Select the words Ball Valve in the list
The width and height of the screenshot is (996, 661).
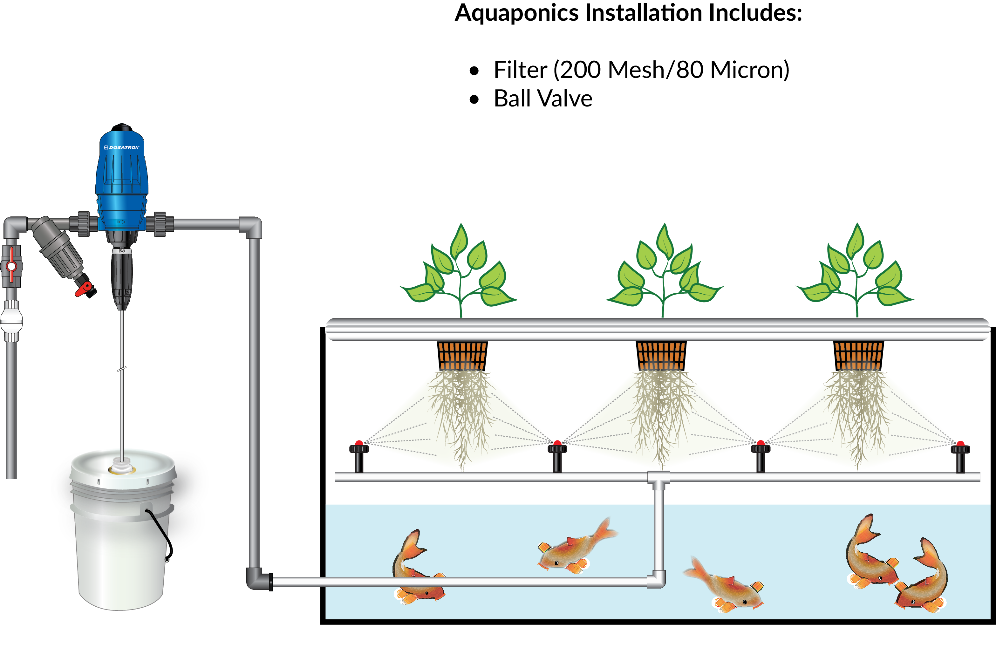click(543, 99)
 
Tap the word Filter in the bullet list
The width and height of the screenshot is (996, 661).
click(520, 70)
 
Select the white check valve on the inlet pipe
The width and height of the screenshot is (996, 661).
click(11, 320)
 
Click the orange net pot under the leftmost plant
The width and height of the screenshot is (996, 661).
click(462, 356)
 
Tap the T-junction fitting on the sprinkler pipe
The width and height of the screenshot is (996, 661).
click(658, 479)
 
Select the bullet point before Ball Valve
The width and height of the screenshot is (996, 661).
click(474, 99)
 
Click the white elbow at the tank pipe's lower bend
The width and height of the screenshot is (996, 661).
click(657, 580)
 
